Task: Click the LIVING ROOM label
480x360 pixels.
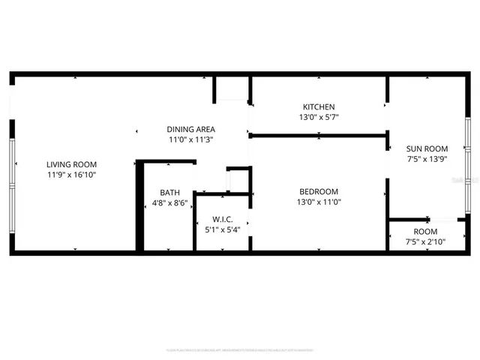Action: pos(71,164)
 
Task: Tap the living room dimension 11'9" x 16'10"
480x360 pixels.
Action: pos(71,174)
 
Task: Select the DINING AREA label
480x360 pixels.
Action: pos(190,129)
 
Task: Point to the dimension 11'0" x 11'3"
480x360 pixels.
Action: pos(190,139)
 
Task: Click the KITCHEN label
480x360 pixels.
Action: pos(319,106)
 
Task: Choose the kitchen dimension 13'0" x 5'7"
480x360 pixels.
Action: pos(319,117)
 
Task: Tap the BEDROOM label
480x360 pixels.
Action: pos(319,191)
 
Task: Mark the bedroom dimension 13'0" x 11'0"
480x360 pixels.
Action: pos(319,202)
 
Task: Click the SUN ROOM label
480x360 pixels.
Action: pos(427,148)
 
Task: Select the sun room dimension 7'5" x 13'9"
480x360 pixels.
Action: pos(427,159)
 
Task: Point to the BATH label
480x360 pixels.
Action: pos(169,193)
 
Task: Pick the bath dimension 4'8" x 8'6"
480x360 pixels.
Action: pos(169,202)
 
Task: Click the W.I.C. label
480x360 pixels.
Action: pos(222,219)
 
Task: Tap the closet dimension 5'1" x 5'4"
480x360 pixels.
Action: pos(222,229)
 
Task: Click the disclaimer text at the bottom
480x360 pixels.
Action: pos(240,349)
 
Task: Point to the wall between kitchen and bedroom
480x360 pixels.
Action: pos(319,136)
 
